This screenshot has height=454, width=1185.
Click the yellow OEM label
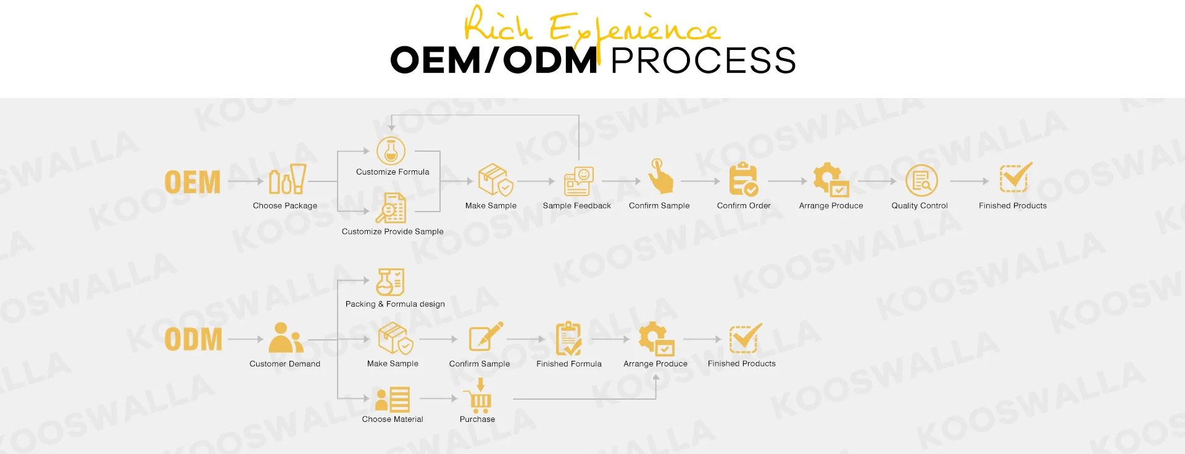click(x=192, y=182)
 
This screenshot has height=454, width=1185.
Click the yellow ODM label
click(x=193, y=339)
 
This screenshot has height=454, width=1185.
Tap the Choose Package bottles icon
click(x=288, y=179)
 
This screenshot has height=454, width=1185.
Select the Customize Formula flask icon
click(x=391, y=151)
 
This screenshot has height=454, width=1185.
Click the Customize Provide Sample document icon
click(x=391, y=208)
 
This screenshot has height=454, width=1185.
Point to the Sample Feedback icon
click(x=578, y=181)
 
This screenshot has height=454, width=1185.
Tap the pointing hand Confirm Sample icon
click(x=660, y=176)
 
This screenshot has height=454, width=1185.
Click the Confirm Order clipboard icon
click(x=743, y=180)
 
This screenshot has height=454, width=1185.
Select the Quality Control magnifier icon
click(x=921, y=181)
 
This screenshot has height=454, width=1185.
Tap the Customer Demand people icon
click(x=285, y=338)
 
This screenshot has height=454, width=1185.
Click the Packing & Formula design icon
click(x=390, y=282)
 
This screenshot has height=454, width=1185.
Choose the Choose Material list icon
click(x=393, y=400)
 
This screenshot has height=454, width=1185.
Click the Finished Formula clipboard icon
click(x=568, y=339)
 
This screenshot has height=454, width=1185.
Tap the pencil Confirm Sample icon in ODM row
click(x=485, y=337)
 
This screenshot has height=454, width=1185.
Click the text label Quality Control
click(x=919, y=206)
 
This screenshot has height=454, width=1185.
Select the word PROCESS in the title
click(x=703, y=60)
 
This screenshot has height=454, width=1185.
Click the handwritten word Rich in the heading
click(x=497, y=25)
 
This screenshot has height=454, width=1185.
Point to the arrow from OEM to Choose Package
click(x=246, y=181)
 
